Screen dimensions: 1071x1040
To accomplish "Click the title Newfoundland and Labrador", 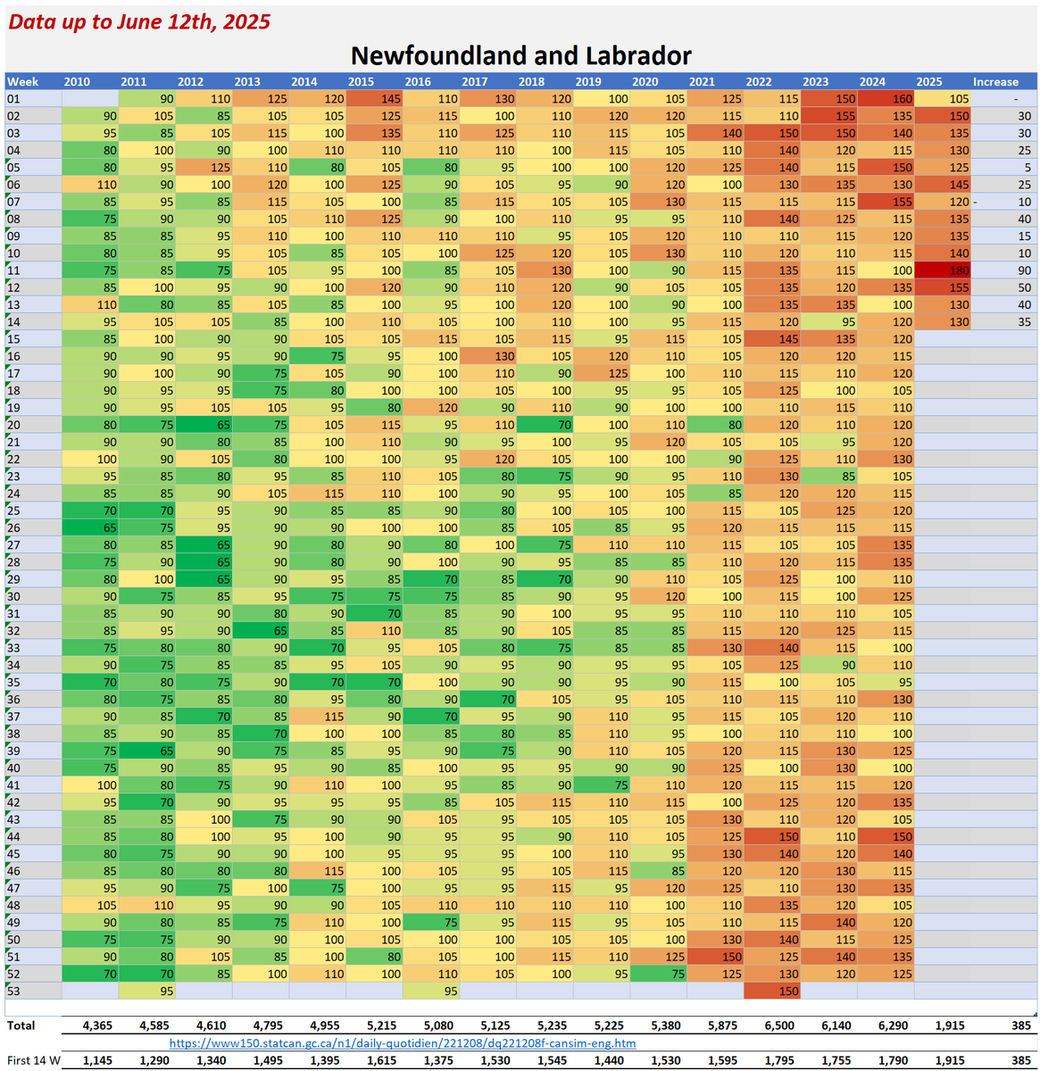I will tap(520, 55).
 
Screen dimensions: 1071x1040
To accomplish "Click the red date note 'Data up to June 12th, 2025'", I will tap(139, 22).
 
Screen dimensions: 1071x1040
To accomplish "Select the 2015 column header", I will tap(361, 81).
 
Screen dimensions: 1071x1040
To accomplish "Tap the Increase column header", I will tap(995, 81).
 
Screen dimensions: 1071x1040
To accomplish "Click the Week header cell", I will tap(23, 81).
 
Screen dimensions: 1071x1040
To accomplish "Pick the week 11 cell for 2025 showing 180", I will tap(943, 270).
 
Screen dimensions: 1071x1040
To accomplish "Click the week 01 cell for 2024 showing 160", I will tap(886, 99).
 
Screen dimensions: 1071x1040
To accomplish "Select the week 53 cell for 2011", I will tap(147, 991).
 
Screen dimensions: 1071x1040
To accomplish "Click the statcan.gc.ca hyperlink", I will tap(403, 1042).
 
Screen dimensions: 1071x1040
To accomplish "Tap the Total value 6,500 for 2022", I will tap(779, 1025).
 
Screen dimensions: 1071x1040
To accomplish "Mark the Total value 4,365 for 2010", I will tap(97, 1025).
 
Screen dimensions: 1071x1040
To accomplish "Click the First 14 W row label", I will tap(34, 1060).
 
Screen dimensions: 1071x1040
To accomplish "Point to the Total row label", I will tap(21, 1025).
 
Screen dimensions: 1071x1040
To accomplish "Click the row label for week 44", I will tap(13, 836).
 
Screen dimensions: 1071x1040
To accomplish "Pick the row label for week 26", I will tap(13, 527).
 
